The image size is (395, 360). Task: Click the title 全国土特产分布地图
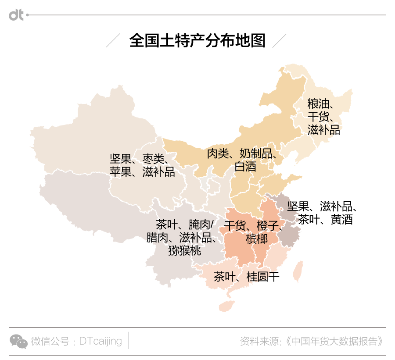pyautogui.click(x=197, y=41)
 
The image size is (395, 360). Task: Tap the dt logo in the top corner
pyautogui.click(x=16, y=15)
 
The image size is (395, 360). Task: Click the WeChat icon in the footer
pyautogui.click(x=18, y=341)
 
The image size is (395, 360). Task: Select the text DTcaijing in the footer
pyautogui.click(x=101, y=341)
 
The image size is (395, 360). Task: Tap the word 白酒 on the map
pyautogui.click(x=245, y=167)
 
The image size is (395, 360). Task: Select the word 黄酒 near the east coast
pyautogui.click(x=341, y=220)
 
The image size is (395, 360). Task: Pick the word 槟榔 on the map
pyautogui.click(x=257, y=239)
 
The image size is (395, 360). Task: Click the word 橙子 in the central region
pyautogui.click(x=268, y=226)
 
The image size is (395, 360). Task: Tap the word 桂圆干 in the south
pyautogui.click(x=263, y=277)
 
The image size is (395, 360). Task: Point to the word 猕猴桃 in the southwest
pyautogui.click(x=184, y=251)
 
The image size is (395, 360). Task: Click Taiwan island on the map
pyautogui.click(x=298, y=271)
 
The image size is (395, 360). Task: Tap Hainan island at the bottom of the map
pyautogui.click(x=226, y=305)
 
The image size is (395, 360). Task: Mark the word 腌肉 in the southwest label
pyautogui.click(x=200, y=225)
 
